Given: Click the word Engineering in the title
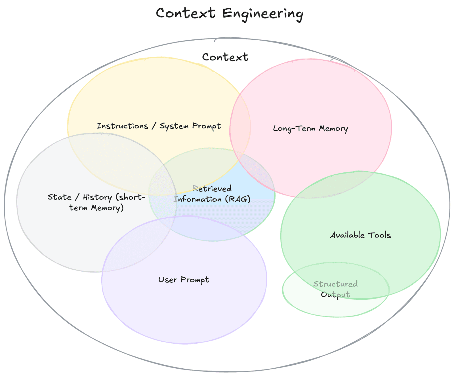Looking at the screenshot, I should (x=262, y=14).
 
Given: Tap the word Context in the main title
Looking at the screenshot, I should (x=186, y=13).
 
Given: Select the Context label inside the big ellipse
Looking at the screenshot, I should (x=225, y=57).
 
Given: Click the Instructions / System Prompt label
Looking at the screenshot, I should (x=159, y=126).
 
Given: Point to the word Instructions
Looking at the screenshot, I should (x=122, y=126).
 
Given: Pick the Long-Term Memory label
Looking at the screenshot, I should (x=310, y=128).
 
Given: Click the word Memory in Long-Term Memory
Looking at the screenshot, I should (x=333, y=128).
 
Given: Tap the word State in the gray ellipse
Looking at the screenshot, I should (x=59, y=197).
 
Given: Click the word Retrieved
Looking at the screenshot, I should (x=212, y=189).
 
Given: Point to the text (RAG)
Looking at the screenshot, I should (x=238, y=199).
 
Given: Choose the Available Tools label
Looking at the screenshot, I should (x=360, y=235).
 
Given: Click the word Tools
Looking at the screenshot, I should (x=379, y=235).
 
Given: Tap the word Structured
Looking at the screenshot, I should (x=335, y=284).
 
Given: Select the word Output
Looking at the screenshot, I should (x=335, y=295).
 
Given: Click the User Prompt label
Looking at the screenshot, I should (x=184, y=280).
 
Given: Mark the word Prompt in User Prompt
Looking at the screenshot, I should (x=195, y=280).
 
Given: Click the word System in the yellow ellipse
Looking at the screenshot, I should (x=174, y=126).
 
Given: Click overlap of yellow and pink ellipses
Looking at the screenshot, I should (x=240, y=128).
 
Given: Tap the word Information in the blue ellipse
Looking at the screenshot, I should (x=197, y=199).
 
